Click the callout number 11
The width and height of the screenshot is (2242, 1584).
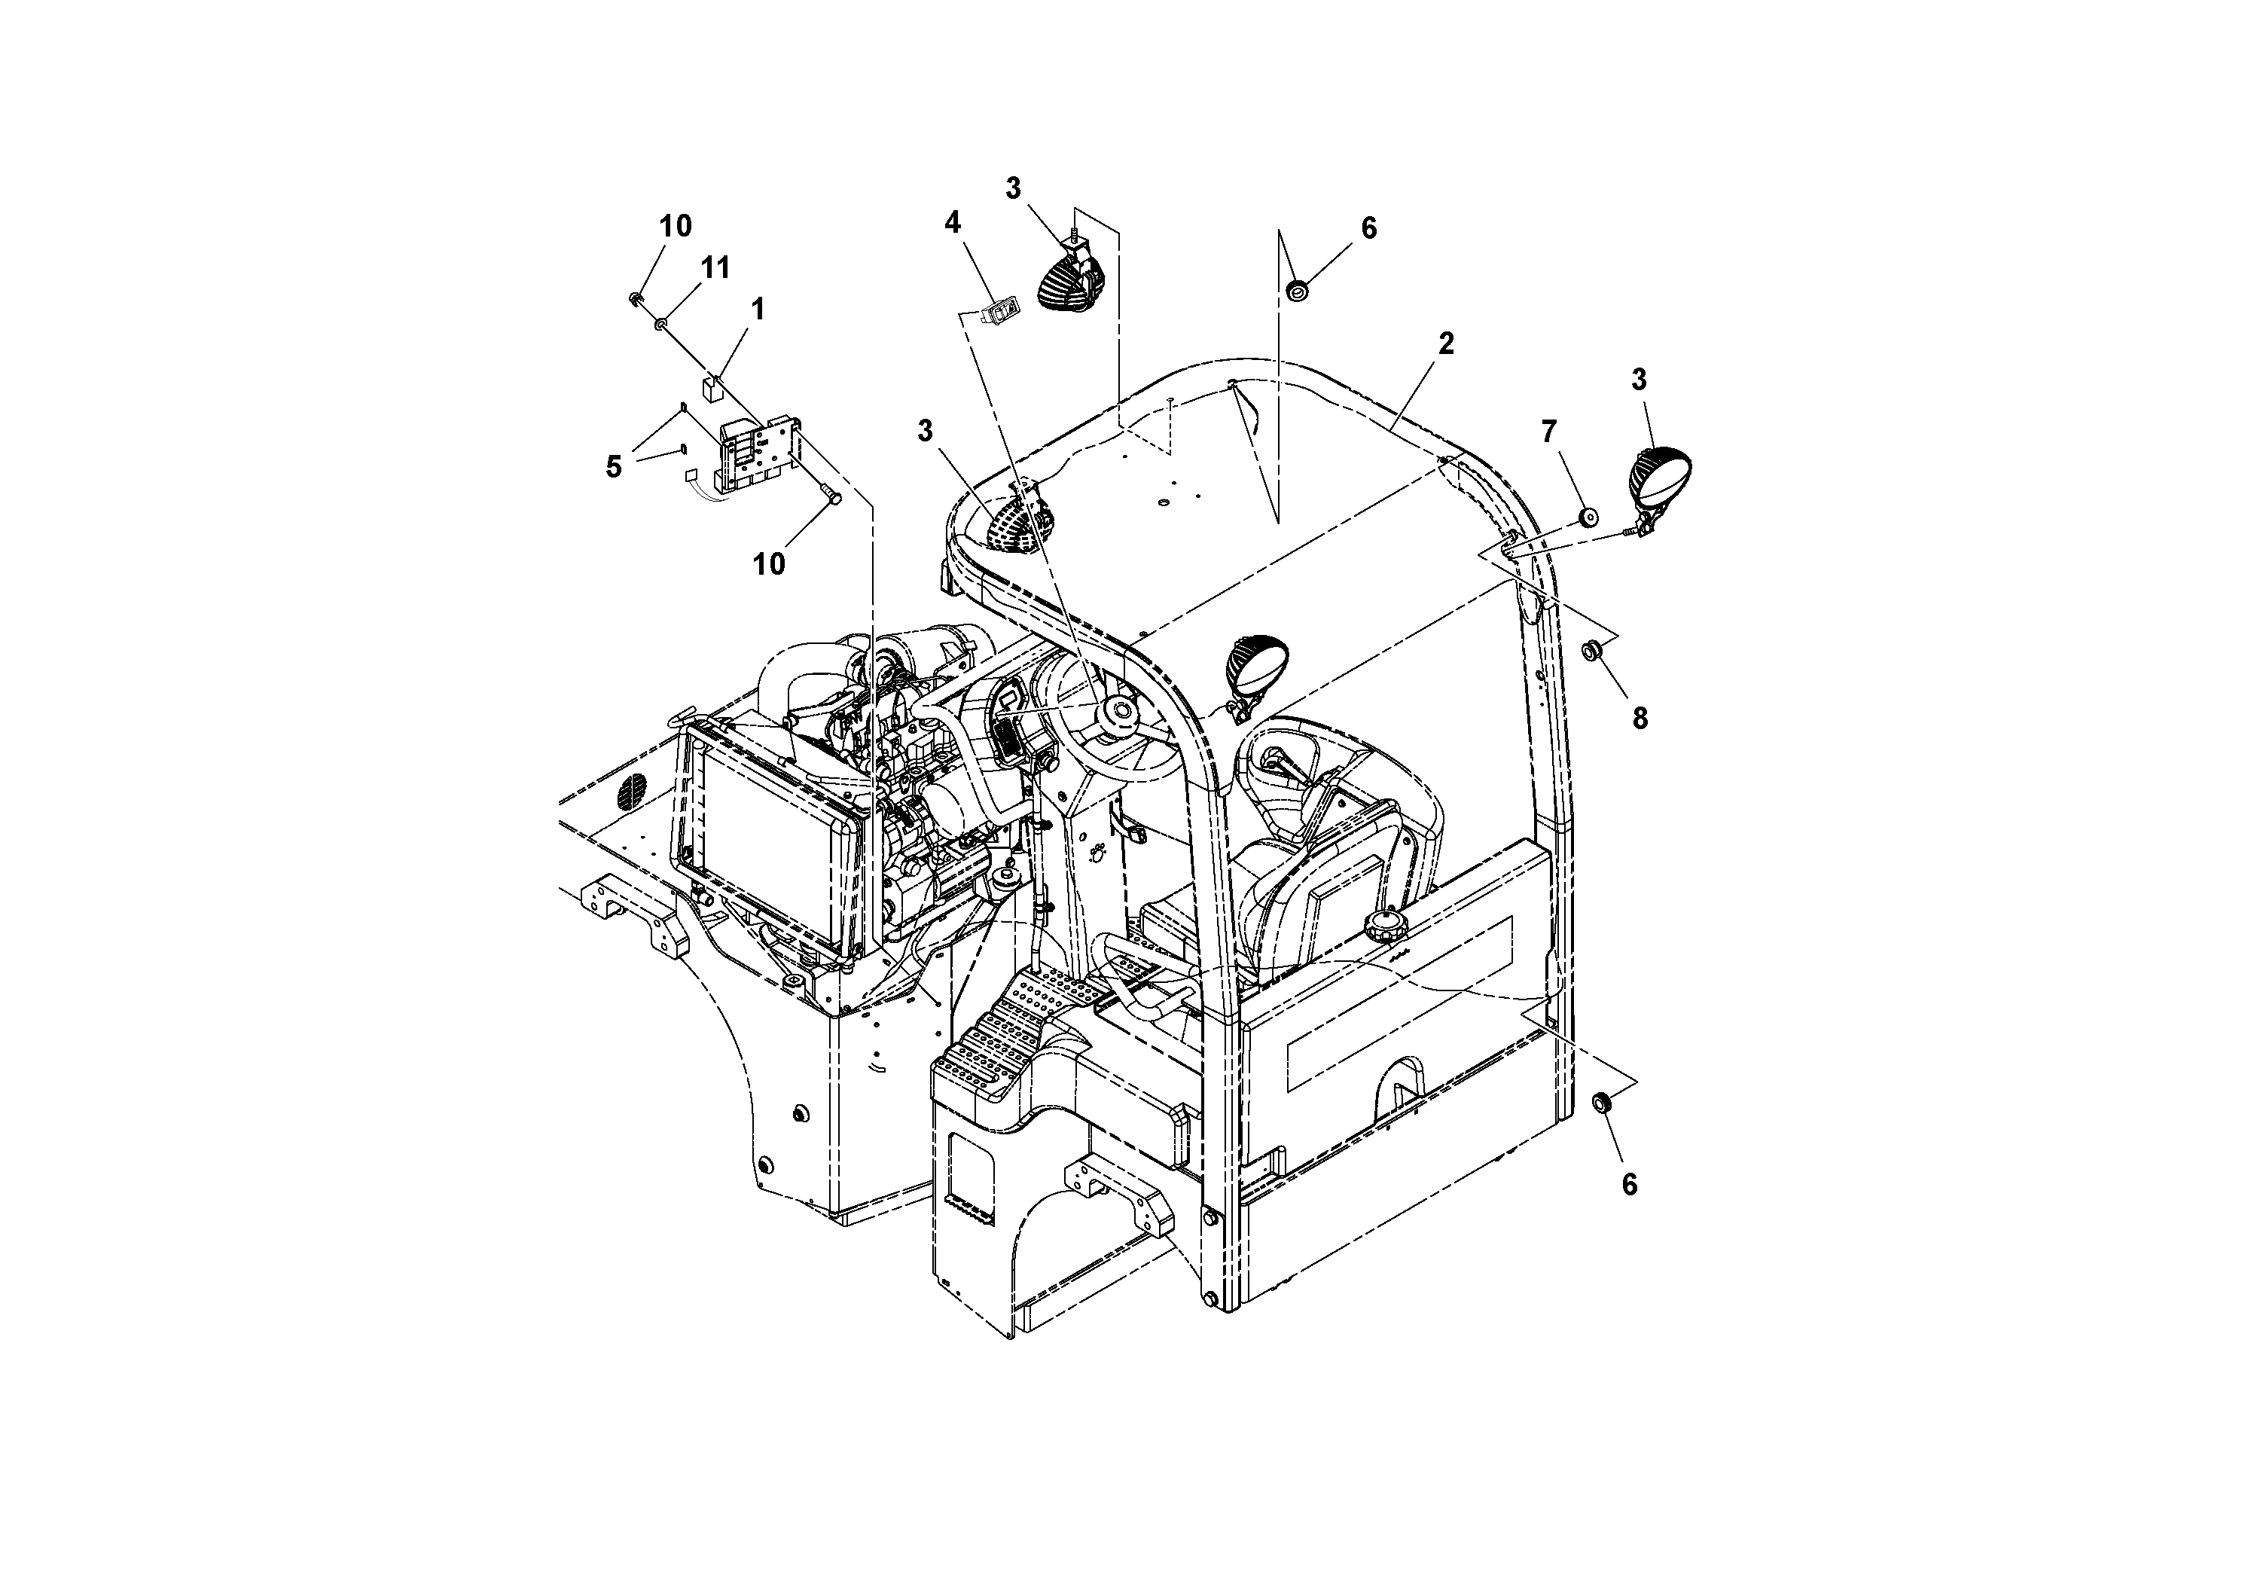(x=715, y=267)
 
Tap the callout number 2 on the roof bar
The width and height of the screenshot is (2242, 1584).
(x=1445, y=343)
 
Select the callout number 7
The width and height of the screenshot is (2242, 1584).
(x=1548, y=432)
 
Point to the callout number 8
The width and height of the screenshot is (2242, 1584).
(x=1640, y=719)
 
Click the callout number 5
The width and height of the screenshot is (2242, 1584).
(x=613, y=467)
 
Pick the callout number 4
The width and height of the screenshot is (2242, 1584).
(x=952, y=223)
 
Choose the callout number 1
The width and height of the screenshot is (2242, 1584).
(x=757, y=310)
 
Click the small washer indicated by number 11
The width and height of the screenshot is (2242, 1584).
(x=661, y=322)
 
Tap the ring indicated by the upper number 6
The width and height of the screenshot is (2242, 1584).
(x=1298, y=290)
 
